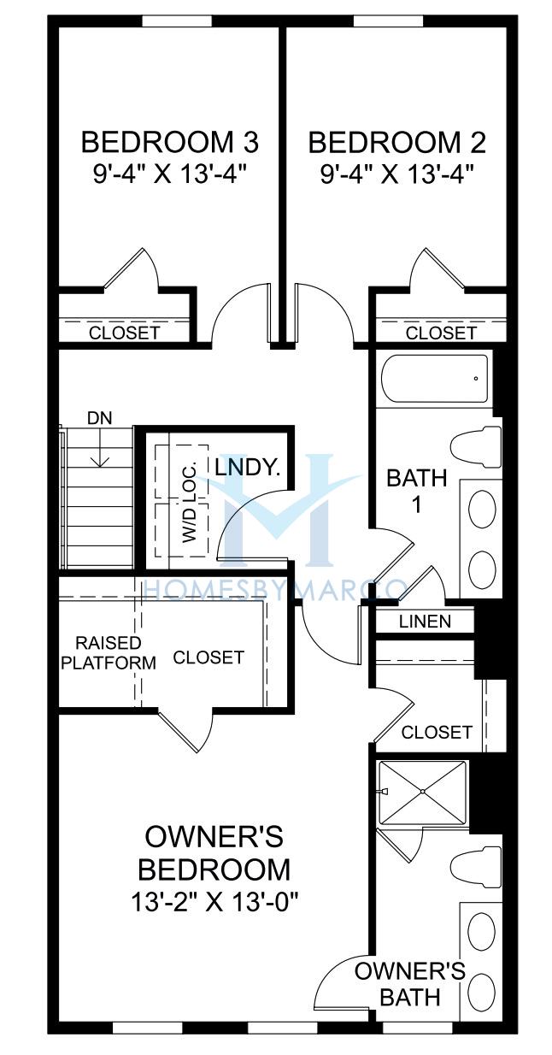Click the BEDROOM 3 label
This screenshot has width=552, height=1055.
coord(170,142)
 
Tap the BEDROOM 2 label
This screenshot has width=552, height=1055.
coord(396,142)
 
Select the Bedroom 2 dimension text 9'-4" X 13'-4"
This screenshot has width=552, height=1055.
coord(396,174)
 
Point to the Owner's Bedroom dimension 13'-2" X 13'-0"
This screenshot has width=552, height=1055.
coord(215,903)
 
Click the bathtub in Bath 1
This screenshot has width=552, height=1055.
coord(433,379)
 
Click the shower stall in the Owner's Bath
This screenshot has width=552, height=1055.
coord(423,792)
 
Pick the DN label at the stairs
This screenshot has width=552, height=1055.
coord(99,418)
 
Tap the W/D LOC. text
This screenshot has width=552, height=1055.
coord(189,504)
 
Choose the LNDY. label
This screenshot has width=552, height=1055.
coord(248,468)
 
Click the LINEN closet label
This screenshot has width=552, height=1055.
coord(425,622)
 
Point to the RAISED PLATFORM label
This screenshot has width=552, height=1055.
coord(109,653)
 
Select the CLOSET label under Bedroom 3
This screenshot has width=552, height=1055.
coord(125,333)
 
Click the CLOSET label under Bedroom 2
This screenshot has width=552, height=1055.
coord(441,333)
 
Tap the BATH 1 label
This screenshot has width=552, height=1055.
coord(416,492)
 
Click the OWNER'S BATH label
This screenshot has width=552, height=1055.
coord(410,984)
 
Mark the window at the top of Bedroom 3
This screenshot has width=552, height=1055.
coord(177,21)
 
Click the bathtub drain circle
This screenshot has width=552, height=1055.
coord(476,378)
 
